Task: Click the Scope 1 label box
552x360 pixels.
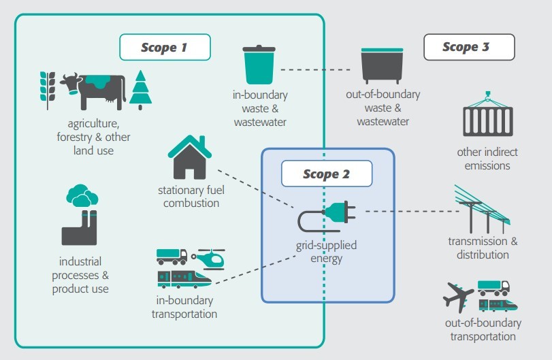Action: click(164, 48)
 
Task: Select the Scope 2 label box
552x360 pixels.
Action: click(327, 174)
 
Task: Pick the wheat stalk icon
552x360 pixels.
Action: click(46, 89)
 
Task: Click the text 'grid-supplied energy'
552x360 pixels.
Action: click(326, 251)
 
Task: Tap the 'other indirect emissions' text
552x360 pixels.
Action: click(483, 159)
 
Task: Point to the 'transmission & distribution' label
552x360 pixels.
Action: click(478, 248)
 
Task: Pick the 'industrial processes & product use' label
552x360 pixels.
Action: click(80, 275)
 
